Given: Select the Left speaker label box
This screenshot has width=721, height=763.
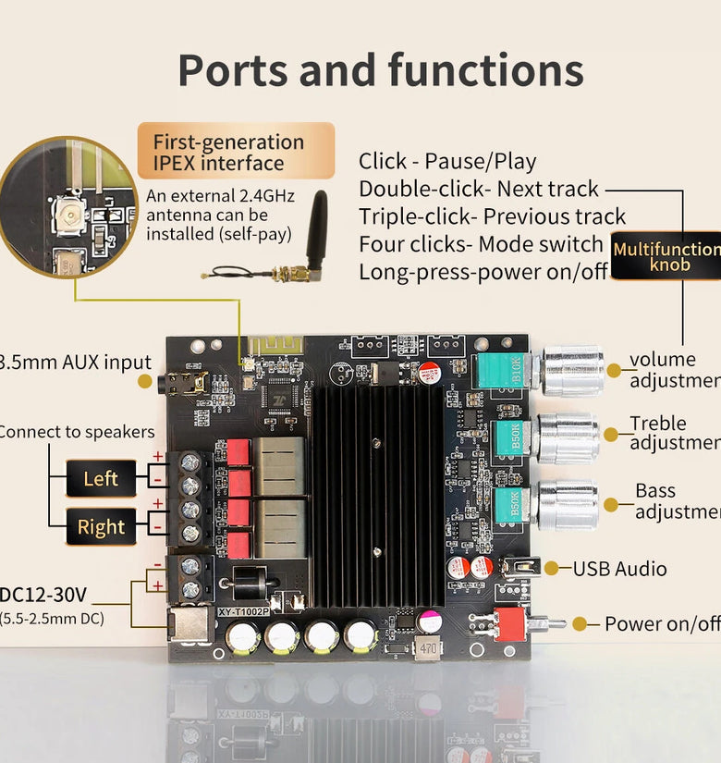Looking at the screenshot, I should coord(101,479).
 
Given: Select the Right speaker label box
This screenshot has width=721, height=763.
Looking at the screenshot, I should coord(101,527).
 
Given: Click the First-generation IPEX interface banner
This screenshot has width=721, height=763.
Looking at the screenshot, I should coord(235,153).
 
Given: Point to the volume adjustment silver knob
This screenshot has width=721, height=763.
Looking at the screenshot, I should coord(573,370).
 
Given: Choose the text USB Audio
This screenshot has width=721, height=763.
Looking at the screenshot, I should coord(619,569).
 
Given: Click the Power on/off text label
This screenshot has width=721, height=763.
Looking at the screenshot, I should coord(662,624).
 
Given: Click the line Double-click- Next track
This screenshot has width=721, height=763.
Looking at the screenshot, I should coord(479,190).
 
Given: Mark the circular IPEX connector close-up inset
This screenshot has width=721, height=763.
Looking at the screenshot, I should coord(68,206).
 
